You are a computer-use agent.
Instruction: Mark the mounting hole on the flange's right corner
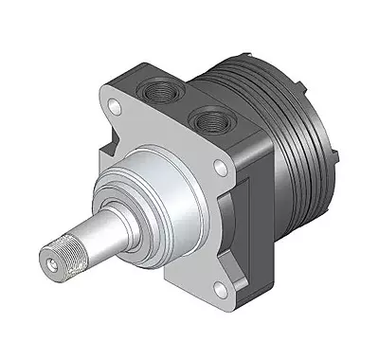(221, 169)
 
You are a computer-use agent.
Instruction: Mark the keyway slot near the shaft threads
(74, 254)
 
